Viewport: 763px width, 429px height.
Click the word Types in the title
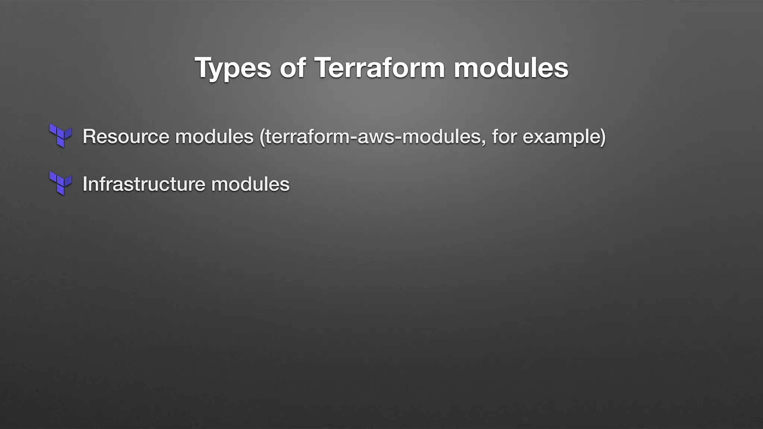coord(233,69)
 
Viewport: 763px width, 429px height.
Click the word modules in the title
coord(511,68)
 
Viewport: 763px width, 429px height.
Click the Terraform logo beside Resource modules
coord(60,136)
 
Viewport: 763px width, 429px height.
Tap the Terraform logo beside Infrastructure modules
coord(60,183)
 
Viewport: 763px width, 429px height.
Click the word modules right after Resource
coord(214,136)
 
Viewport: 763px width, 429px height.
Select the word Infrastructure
coord(143,184)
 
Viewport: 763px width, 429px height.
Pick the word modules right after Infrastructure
coord(250,184)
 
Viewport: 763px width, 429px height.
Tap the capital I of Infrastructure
coord(85,184)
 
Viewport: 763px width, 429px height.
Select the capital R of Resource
coord(89,136)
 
